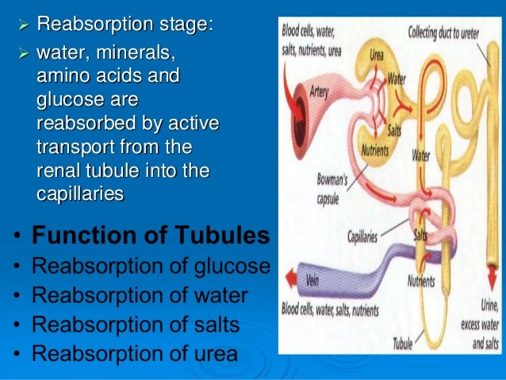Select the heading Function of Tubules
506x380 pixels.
(151, 236)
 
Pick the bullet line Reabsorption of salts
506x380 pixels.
(136, 324)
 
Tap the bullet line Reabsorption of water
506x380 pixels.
(140, 295)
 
